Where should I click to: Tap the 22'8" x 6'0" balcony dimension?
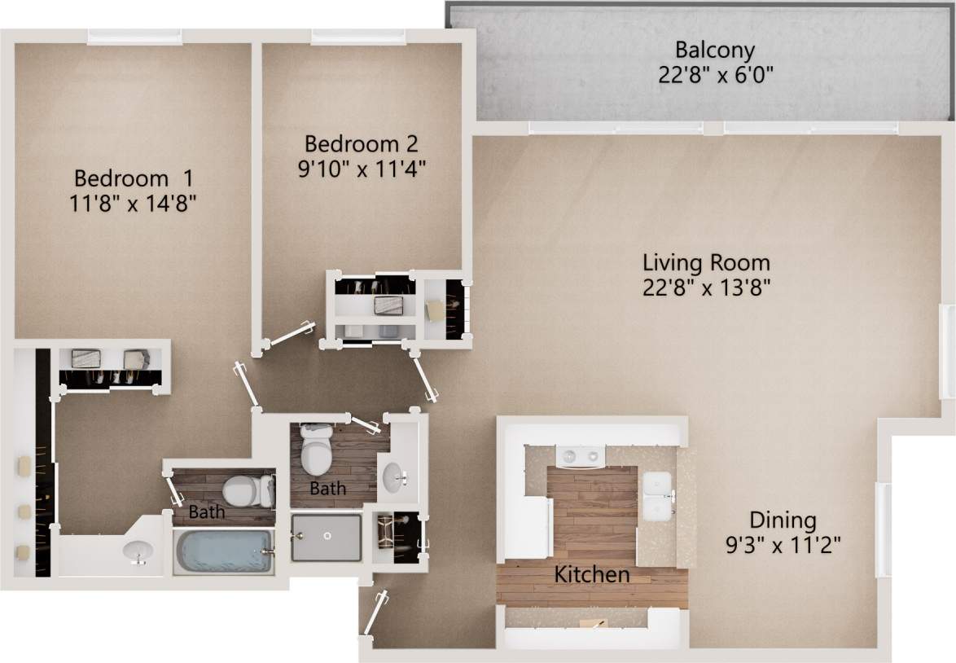pyautogui.click(x=714, y=75)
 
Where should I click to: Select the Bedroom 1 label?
pyautogui.click(x=134, y=178)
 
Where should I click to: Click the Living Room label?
pyautogui.click(x=706, y=263)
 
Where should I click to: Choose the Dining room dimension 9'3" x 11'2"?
pyautogui.click(x=783, y=543)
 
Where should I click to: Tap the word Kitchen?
pyautogui.click(x=591, y=574)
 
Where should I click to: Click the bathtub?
pyautogui.click(x=222, y=552)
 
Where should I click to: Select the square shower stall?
pyautogui.click(x=326, y=537)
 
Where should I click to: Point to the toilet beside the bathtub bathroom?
pyautogui.click(x=248, y=491)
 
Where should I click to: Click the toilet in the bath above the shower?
pyautogui.click(x=316, y=450)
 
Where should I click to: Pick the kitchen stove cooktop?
pyautogui.click(x=579, y=455)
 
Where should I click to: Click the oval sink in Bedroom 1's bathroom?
pyautogui.click(x=138, y=551)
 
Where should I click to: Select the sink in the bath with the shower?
pyautogui.click(x=397, y=478)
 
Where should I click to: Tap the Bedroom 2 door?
pyautogui.click(x=292, y=335)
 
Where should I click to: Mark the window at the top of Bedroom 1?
pyautogui.click(x=134, y=37)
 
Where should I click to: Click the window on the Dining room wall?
pyautogui.click(x=880, y=529)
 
